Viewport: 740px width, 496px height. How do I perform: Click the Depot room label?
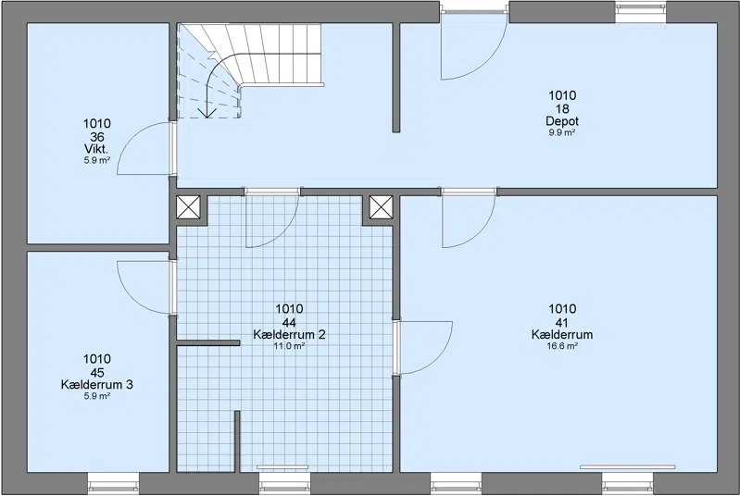coord(562,121)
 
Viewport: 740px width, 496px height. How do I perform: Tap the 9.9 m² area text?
coord(561,133)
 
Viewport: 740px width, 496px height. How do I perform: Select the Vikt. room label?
coord(96,149)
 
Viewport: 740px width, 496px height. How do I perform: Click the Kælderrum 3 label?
coord(96,385)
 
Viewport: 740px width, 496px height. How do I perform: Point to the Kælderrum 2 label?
coord(289,335)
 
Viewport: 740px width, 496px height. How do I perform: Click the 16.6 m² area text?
coord(562,346)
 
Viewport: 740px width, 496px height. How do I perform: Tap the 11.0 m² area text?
coord(289,346)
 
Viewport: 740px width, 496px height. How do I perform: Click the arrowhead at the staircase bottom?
coord(207,112)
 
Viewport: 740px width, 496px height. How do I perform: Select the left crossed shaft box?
coord(188,207)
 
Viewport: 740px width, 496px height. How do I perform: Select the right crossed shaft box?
coord(381,207)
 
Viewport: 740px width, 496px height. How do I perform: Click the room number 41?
coord(562,323)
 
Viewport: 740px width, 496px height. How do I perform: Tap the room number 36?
coord(96,137)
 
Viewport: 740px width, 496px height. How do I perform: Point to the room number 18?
coord(562,109)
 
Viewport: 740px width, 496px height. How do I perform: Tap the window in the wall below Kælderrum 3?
coord(114,482)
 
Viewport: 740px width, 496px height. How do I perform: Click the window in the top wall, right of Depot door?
coord(640,11)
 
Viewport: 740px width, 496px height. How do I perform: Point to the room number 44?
coord(289,323)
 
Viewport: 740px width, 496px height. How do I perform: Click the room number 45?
coord(96,373)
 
